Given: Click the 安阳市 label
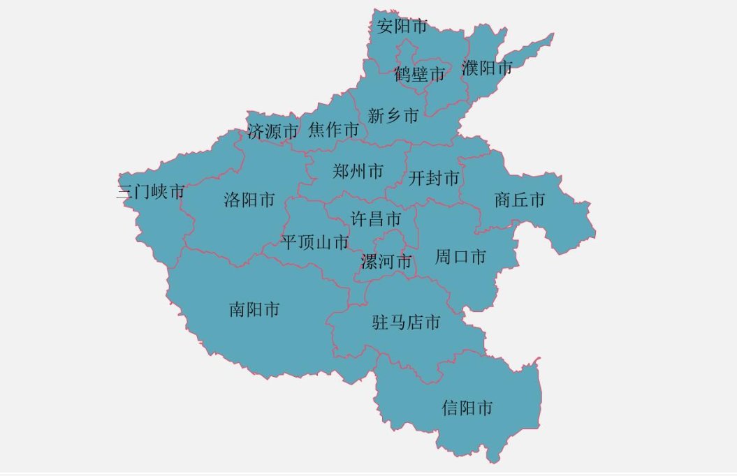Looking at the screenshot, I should coord(402,27).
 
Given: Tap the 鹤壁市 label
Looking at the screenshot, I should coord(419,74).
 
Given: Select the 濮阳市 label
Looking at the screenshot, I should coord(487,68).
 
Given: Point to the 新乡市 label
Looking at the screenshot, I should coord(393,116).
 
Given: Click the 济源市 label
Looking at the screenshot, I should coord(272,131).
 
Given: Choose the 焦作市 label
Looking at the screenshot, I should coord(333,130).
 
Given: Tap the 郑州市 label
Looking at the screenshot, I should coord(358,171).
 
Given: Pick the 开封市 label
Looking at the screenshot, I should coord(435,179).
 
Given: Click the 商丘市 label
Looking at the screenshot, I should coord(519,201).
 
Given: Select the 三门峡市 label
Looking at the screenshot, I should coord(150,192).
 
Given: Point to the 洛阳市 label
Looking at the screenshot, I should coord(249,201).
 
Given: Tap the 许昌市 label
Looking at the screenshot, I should coord(376,219).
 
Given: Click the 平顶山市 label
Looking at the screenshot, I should coord(315,243).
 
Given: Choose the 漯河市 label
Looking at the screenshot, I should coord(386,262).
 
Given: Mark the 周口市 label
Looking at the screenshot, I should coord(460,257).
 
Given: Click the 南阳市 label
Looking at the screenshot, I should coord(254,309).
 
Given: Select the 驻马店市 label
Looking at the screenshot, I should coord(407,322).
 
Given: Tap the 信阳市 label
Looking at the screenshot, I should coord(467,408).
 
